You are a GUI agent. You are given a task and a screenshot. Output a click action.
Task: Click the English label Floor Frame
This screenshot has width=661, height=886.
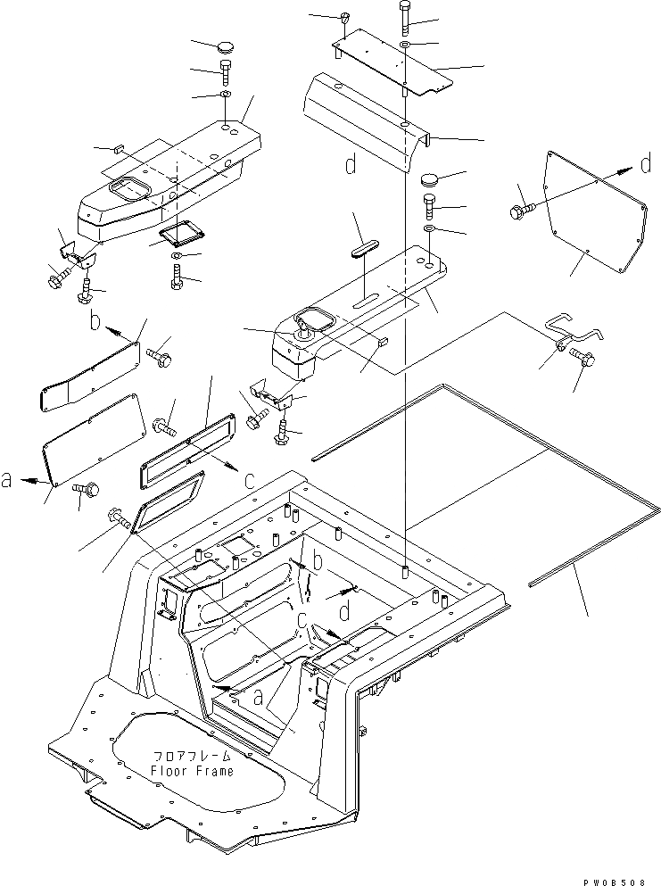[x=192, y=771]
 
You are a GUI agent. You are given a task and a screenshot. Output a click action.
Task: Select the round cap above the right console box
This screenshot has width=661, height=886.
[x=433, y=181]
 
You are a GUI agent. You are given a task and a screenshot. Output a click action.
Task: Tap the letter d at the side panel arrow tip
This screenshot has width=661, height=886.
[x=645, y=165]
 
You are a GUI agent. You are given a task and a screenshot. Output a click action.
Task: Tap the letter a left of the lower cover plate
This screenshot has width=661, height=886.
[x=7, y=480]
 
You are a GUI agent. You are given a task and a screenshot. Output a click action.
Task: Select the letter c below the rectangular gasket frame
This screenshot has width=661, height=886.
[x=251, y=480]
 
